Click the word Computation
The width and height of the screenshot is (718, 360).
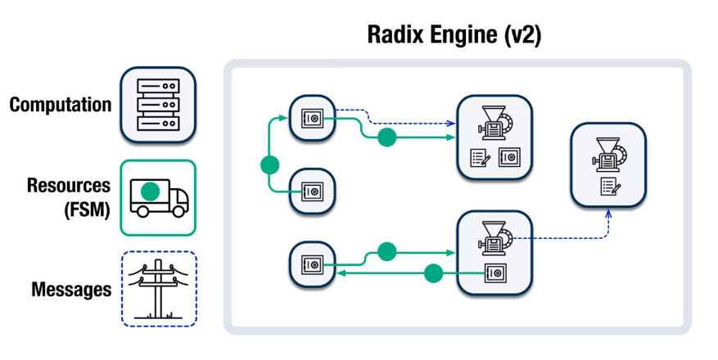point(61,105)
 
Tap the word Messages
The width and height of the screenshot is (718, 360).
point(71,290)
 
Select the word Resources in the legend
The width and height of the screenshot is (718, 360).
point(69,186)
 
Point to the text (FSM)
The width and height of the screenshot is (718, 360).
point(84,209)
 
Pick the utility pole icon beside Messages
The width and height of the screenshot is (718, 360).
point(159,289)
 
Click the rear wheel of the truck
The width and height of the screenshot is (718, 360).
point(143,211)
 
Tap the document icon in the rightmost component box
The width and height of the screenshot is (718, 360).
point(610,186)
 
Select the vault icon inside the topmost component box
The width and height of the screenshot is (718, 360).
point(508,157)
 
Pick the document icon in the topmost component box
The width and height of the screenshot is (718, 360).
point(480,157)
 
